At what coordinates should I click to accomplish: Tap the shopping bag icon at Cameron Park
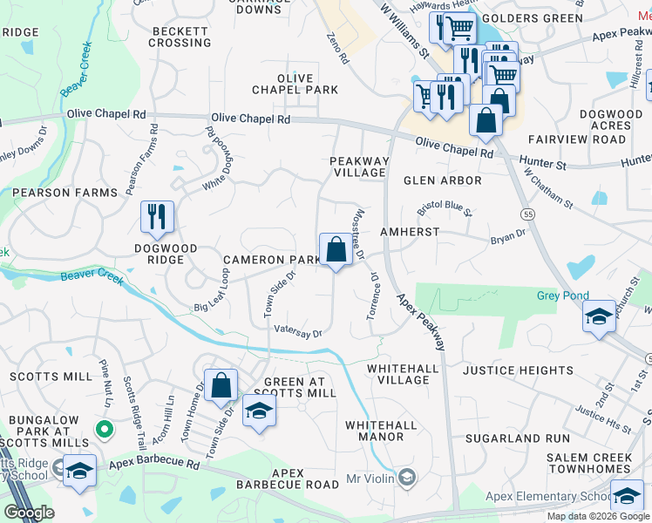[x=336, y=250]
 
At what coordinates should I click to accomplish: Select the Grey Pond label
[x=562, y=296]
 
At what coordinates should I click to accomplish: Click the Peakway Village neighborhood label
[x=357, y=166]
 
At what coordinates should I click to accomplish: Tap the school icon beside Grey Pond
[x=599, y=316]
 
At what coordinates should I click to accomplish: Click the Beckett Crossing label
[x=180, y=37]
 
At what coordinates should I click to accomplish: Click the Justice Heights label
[x=518, y=370]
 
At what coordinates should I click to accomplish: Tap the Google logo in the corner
[x=28, y=513]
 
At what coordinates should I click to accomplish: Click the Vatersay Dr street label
[x=298, y=332]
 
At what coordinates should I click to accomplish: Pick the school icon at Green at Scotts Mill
[x=259, y=411]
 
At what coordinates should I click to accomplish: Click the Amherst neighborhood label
[x=409, y=233]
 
